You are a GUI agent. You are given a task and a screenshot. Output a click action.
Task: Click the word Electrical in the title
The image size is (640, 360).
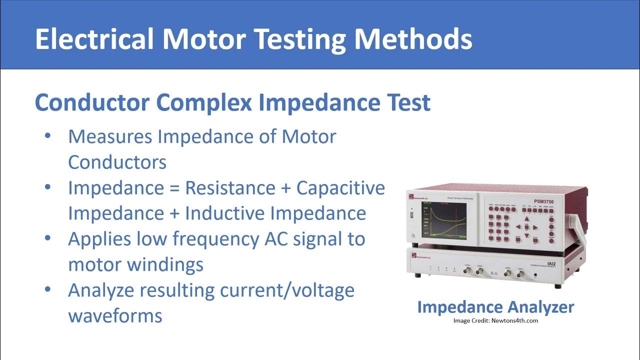[94, 39]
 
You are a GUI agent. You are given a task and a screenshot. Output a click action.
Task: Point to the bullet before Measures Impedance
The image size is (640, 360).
[47, 136]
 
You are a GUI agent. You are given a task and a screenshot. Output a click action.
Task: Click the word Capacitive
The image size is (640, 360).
[340, 188]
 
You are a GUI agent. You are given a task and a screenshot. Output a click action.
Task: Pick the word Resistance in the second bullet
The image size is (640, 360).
[230, 188]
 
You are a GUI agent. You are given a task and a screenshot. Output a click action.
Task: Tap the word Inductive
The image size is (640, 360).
[224, 213]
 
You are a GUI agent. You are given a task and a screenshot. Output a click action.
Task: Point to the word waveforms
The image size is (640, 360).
[115, 315]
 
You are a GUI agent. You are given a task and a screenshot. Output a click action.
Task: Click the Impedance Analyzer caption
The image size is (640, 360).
[495, 306]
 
